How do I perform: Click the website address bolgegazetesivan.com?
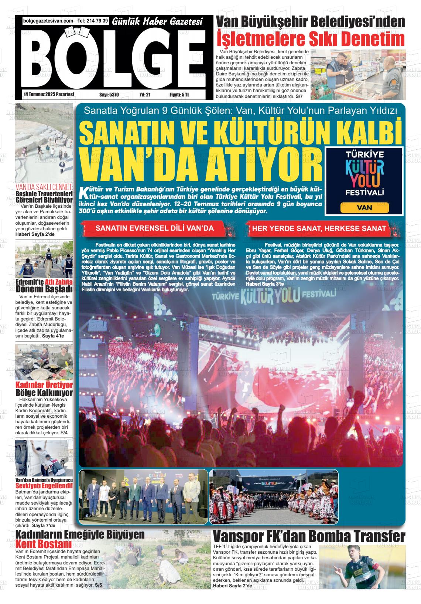point(48,21)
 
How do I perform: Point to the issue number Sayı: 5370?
point(109,95)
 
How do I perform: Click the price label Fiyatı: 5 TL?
point(179,95)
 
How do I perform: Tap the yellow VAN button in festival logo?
point(364,207)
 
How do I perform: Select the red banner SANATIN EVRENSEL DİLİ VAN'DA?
point(154,228)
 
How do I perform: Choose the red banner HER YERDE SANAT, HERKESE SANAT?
point(319,228)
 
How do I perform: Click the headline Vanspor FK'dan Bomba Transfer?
point(309,536)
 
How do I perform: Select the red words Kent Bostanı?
point(44,544)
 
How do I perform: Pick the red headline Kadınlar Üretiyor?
point(44,386)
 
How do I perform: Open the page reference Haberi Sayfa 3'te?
point(265,284)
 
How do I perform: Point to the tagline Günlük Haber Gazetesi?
point(158,22)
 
